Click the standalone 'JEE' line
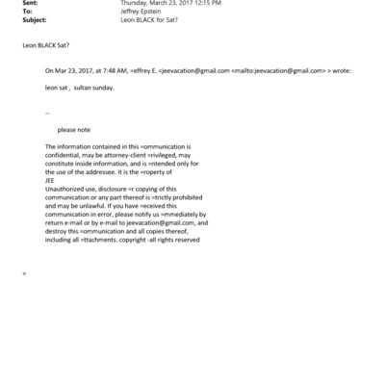tap(50, 179)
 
